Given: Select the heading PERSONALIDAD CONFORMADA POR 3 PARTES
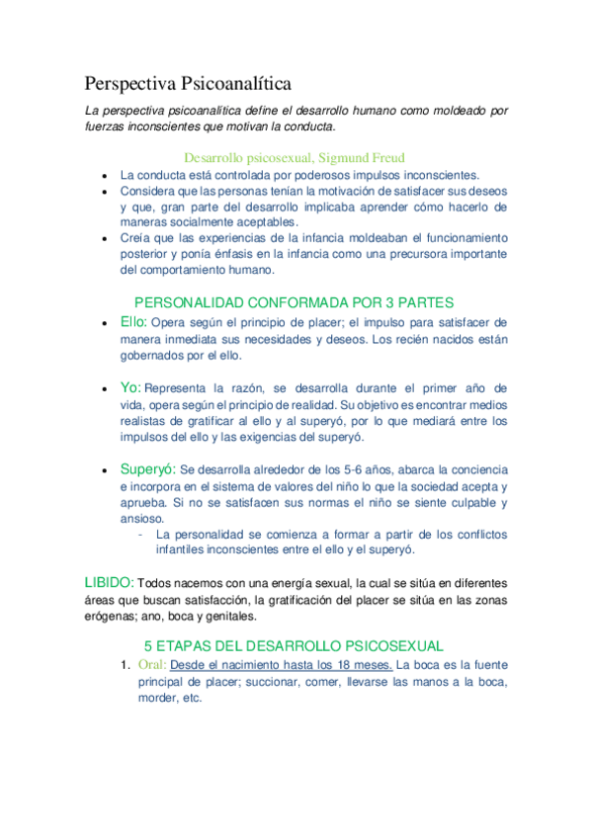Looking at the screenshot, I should pos(293,302).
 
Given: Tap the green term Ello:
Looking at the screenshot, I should pos(133,321).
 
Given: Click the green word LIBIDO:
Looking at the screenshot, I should pos(108,582).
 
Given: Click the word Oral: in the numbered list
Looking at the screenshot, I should pos(152,664).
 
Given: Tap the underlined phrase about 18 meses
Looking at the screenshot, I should pos(282,664).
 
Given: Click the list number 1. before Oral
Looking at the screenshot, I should pos(125,664).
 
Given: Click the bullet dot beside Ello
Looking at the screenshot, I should pos(104,323).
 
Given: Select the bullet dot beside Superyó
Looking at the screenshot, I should pos(104,470).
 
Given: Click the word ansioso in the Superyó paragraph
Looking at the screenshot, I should pos(140,518).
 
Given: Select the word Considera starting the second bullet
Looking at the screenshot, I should pos(151,190).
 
